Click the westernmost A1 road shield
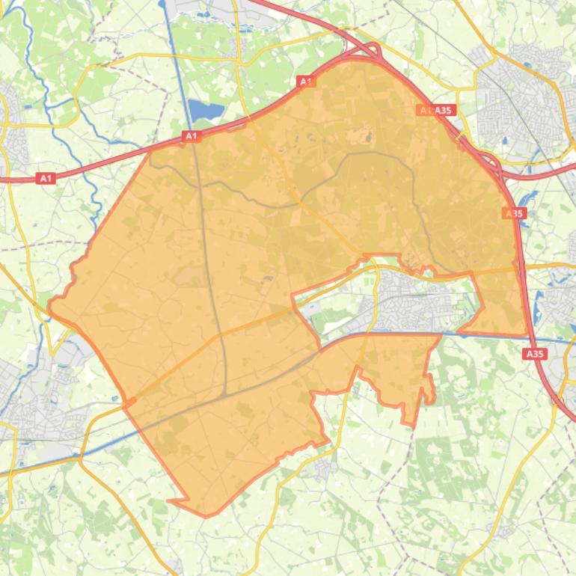point(46,178)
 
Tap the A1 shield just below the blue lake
point(192,136)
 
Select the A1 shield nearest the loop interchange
point(304,81)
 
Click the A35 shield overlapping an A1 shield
point(443,110)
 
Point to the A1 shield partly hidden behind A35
point(425,110)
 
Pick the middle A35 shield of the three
point(514,213)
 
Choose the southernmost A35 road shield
point(535,354)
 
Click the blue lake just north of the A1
point(206,111)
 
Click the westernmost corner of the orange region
point(49,303)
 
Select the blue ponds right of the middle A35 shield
point(530,199)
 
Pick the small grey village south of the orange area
point(322,468)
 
